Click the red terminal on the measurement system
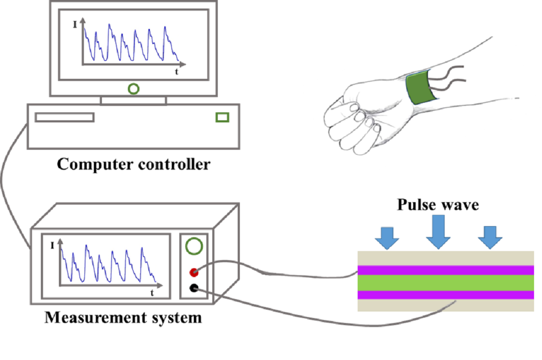pyautogui.click(x=194, y=272)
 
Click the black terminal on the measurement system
pyautogui.click(x=194, y=288)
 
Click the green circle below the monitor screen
pyautogui.click(x=133, y=89)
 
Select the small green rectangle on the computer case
pyautogui.click(x=222, y=117)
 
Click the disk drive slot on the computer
pyautogui.click(x=64, y=117)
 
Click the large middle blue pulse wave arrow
pyautogui.click(x=438, y=231)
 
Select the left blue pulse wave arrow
pyautogui.click(x=387, y=237)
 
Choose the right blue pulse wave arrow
pyautogui.click(x=490, y=237)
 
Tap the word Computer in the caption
pyautogui.click(x=94, y=164)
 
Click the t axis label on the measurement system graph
pyautogui.click(x=152, y=293)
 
